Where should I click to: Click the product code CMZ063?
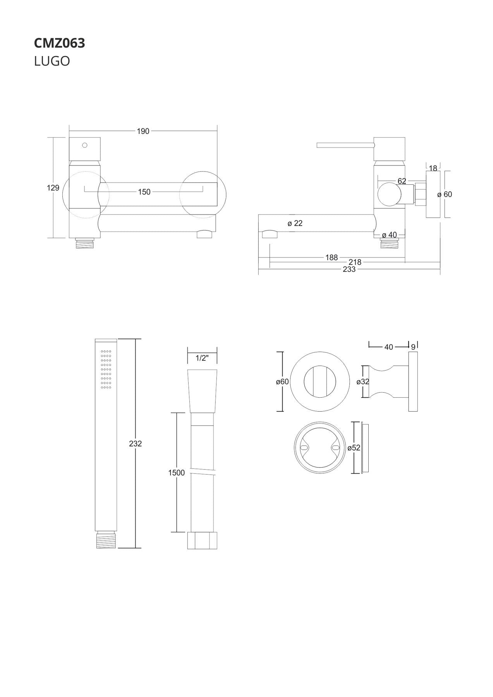pos(59,43)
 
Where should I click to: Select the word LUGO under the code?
pos(52,61)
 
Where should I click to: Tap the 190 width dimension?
pos(143,131)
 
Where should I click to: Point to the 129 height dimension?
pos(53,188)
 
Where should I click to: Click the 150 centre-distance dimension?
pos(144,192)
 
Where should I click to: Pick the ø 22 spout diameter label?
pos(295,223)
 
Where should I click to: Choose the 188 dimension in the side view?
pos(332,258)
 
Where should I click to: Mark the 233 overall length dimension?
pos(349,270)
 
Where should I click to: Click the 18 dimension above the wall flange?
pos(433,168)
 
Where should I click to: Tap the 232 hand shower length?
pos(136,444)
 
